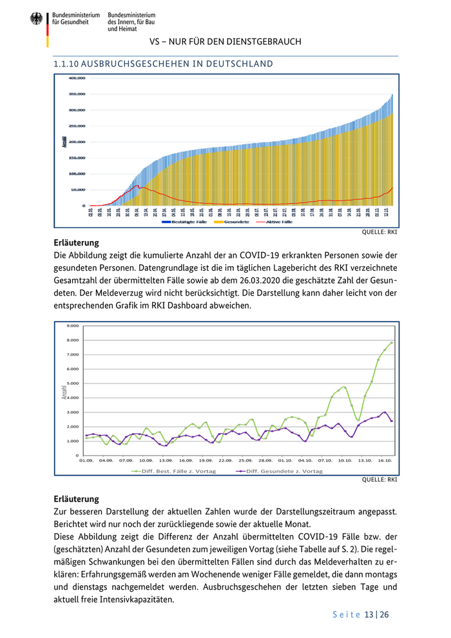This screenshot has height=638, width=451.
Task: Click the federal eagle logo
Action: click(x=36, y=19)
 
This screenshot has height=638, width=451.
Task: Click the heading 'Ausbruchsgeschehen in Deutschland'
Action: click(x=162, y=64)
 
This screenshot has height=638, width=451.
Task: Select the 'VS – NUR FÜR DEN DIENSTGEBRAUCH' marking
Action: click(x=225, y=42)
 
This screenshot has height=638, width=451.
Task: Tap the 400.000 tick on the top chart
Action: click(x=77, y=78)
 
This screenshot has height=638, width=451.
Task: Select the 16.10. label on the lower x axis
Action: click(x=385, y=461)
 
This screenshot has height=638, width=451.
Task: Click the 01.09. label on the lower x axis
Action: click(x=86, y=461)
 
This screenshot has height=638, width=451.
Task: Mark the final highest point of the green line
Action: click(x=391, y=343)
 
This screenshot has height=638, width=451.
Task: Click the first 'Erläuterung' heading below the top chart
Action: click(x=76, y=243)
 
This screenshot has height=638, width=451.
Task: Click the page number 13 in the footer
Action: click(x=369, y=615)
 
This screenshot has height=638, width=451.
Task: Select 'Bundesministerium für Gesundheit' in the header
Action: click(x=76, y=18)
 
